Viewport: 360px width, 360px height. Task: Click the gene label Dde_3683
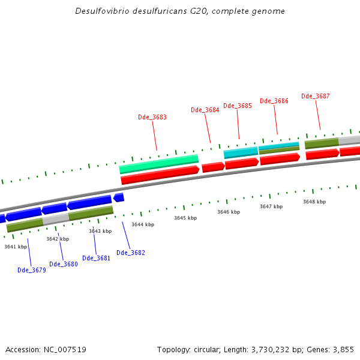[152, 117]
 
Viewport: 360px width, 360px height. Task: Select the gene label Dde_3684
[205, 110]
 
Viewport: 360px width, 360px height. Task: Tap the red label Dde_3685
[238, 106]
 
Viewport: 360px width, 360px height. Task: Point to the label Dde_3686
[274, 101]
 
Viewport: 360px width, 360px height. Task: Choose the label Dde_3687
[316, 96]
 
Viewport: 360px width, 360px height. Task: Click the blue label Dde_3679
[32, 270]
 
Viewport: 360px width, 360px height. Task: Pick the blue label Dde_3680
[64, 264]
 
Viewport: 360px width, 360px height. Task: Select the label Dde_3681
[96, 258]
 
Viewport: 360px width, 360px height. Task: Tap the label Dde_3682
[131, 253]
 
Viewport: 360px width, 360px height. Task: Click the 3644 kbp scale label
[143, 224]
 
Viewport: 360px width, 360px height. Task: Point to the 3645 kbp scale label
[185, 218]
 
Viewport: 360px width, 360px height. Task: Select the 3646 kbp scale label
[229, 212]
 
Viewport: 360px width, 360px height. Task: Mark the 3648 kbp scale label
[314, 202]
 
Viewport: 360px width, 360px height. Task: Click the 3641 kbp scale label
[16, 247]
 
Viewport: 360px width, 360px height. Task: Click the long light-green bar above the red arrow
[159, 163]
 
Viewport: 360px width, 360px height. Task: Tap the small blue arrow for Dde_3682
[119, 197]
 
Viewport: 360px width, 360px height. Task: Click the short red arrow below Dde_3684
[214, 167]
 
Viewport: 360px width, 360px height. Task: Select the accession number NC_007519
[64, 349]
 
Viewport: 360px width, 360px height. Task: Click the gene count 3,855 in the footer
[344, 349]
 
